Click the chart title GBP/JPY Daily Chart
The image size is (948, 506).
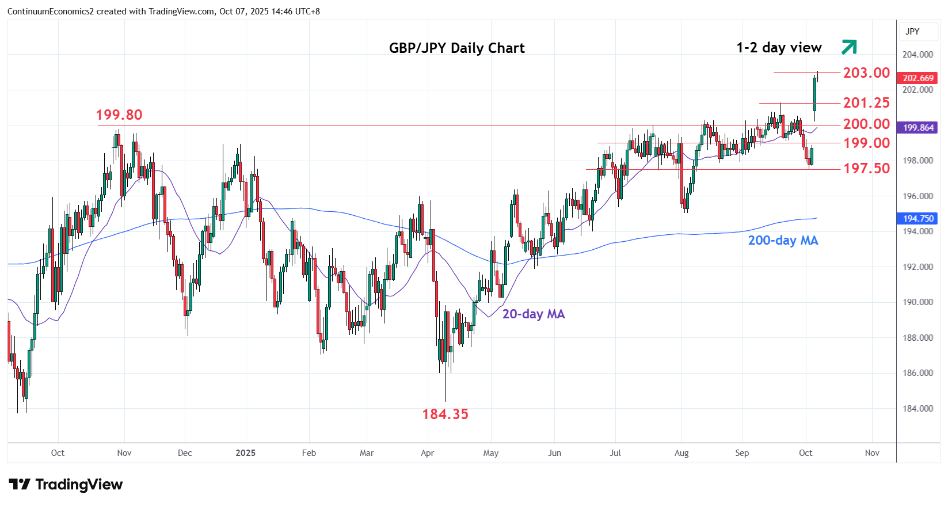point(456,48)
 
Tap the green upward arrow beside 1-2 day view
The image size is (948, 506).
point(849,47)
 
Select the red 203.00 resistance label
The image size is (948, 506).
point(866,73)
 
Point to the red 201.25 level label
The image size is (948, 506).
point(866,103)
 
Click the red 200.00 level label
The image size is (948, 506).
point(866,124)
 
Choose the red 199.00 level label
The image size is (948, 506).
point(866,143)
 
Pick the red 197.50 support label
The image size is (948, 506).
point(866,168)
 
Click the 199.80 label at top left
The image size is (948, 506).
point(119,115)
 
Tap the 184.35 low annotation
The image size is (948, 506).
point(445,414)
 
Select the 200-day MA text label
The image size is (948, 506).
point(783,241)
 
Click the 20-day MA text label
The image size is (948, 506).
point(534,314)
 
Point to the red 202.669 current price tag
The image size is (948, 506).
point(918,78)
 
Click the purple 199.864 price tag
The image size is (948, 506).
point(918,128)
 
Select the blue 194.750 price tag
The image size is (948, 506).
point(918,219)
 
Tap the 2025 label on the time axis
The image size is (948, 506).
point(245,453)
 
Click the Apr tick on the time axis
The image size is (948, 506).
point(427,453)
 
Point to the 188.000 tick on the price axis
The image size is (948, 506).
point(917,338)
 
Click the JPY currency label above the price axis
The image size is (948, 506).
point(912,32)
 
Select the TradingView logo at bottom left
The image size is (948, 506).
point(66,485)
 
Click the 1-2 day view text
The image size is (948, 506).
point(779,48)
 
